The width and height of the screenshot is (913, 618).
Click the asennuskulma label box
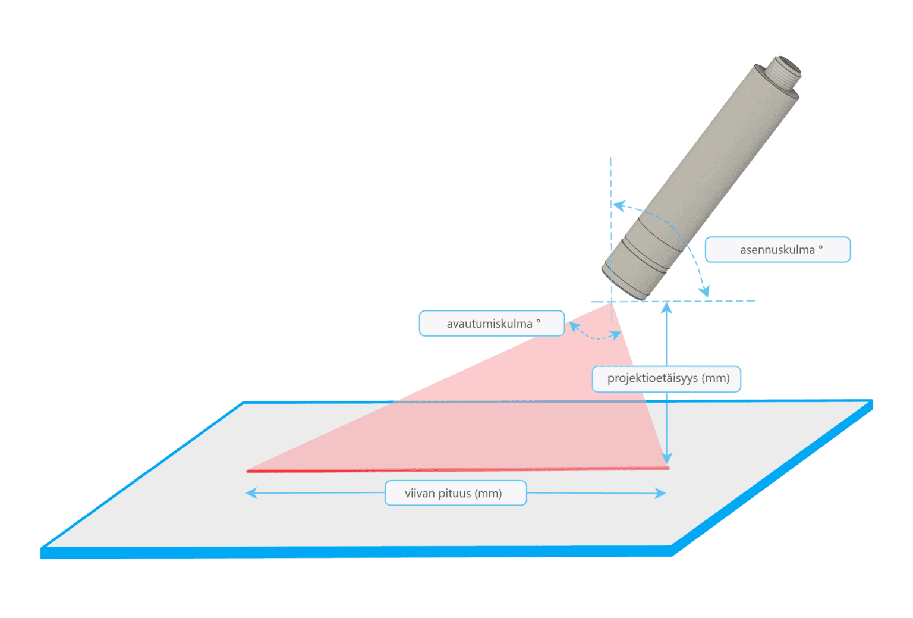coord(777,250)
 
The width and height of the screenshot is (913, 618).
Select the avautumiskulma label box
coord(492,324)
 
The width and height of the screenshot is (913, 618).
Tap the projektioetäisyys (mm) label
coord(666,379)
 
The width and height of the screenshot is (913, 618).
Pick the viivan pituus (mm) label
coord(455,493)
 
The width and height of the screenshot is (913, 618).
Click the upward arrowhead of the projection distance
coord(667,308)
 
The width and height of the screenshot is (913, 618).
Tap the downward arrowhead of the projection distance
coord(667,458)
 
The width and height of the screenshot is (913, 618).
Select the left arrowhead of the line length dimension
coord(251,493)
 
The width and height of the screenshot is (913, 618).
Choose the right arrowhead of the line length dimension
coord(660,493)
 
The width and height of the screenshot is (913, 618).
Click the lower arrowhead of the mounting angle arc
coord(704,291)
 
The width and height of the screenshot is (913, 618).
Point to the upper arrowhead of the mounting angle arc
coord(619,206)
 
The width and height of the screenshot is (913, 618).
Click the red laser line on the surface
coord(458,470)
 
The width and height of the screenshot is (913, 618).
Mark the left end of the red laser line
coord(248,471)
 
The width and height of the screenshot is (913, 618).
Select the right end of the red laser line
coord(668,468)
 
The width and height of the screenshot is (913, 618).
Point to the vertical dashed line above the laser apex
coord(611,178)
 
